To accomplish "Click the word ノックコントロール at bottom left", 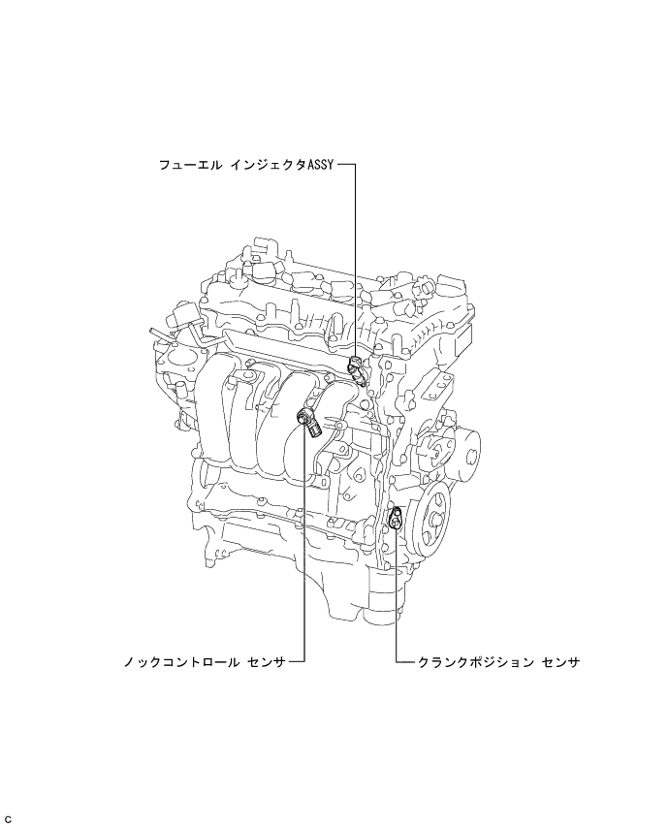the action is (x=181, y=661).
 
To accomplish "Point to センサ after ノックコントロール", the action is (x=266, y=661).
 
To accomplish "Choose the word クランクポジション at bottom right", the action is (x=475, y=662).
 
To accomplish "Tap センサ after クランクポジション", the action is (x=560, y=662).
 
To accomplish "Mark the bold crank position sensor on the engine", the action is (x=396, y=518).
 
